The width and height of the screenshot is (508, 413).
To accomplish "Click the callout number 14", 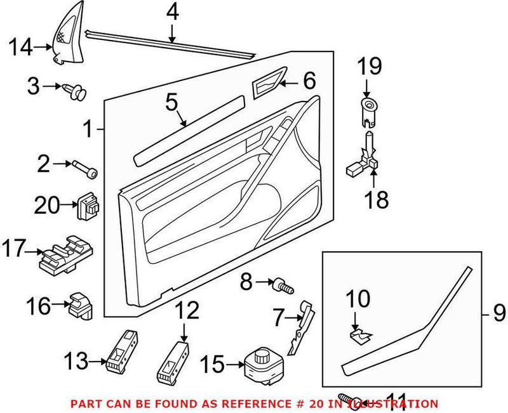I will [x=21, y=46].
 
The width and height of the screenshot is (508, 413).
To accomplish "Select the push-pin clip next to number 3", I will [x=76, y=91].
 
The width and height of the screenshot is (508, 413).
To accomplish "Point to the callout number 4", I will [x=172, y=12].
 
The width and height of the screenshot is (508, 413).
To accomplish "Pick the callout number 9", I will [x=498, y=311].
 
